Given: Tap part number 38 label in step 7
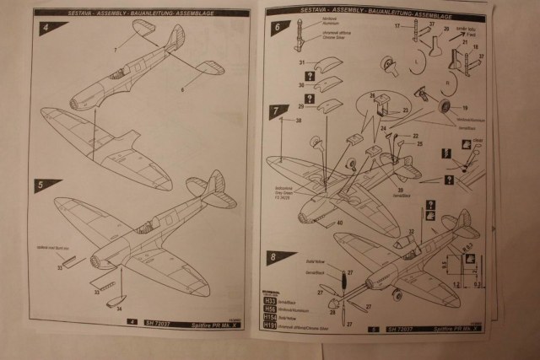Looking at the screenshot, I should coord(298,121).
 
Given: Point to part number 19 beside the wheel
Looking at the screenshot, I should coord(463,109).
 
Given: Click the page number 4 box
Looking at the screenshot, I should coord(131,321).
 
